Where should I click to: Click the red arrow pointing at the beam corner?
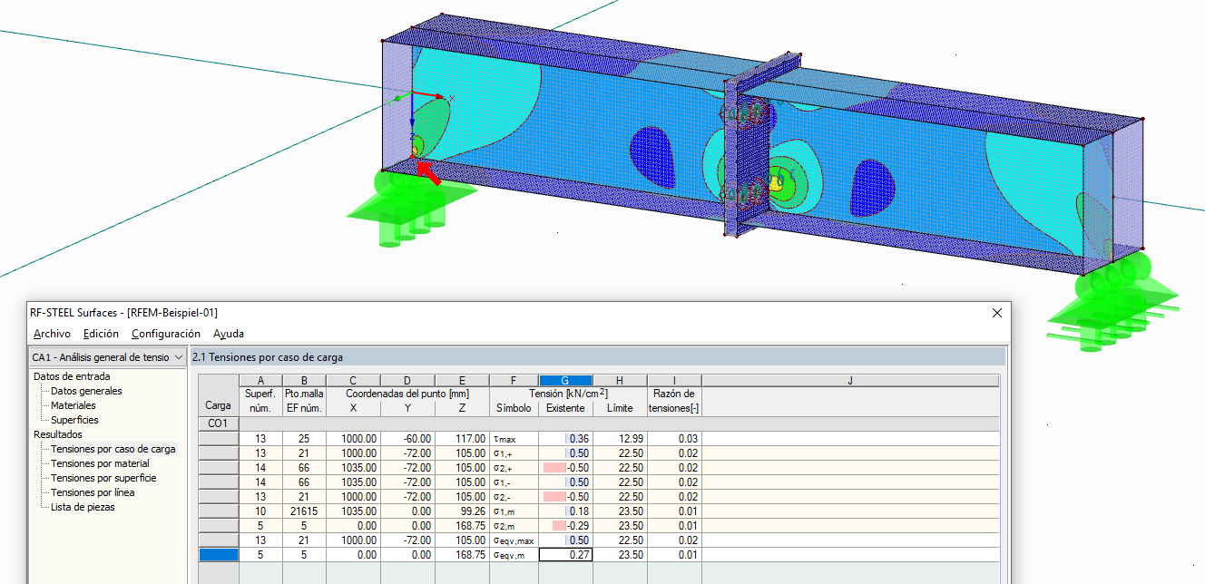click(429, 173)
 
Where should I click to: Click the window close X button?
click(997, 313)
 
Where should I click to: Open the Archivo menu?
click(51, 334)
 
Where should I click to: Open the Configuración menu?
click(165, 334)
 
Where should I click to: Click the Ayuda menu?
click(228, 334)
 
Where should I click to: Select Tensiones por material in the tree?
click(100, 463)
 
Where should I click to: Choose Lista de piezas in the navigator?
click(83, 507)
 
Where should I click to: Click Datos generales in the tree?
click(86, 391)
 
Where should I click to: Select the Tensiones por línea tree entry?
click(92, 492)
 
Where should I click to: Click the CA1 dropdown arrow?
click(178, 357)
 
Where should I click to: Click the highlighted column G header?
click(565, 381)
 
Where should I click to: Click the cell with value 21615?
click(304, 511)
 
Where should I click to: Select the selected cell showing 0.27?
click(565, 555)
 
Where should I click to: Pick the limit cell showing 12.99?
click(620, 439)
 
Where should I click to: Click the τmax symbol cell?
click(514, 439)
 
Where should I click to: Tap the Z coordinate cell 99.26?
click(462, 511)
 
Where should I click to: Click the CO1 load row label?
click(218, 423)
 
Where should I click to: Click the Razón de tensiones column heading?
click(674, 401)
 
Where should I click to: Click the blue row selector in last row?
click(218, 555)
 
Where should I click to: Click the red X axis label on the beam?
click(451, 98)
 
